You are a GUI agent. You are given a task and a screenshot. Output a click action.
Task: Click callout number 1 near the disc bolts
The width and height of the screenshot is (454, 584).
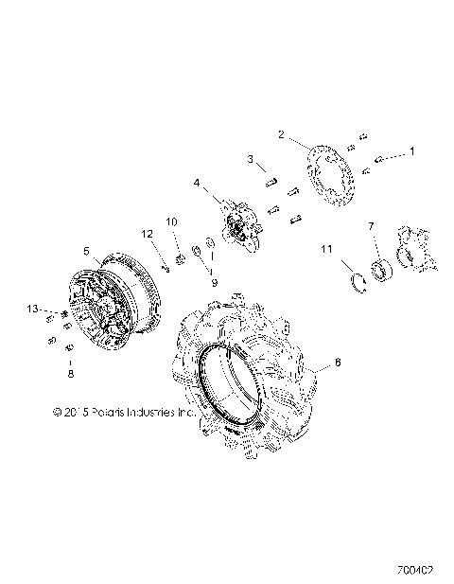410,150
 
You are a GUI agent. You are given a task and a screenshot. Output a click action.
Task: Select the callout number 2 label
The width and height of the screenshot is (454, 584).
281,135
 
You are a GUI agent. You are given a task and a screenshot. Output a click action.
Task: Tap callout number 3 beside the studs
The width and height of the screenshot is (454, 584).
251,158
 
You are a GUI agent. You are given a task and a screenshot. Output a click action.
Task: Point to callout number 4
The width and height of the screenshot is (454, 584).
197,183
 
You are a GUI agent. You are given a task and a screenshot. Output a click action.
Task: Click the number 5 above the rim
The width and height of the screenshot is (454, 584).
86,252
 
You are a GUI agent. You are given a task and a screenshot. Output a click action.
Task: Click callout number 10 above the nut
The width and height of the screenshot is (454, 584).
172,221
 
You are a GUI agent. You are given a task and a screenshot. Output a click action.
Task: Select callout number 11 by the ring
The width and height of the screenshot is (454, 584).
326,249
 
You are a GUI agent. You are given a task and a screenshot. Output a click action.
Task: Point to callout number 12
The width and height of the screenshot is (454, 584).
148,234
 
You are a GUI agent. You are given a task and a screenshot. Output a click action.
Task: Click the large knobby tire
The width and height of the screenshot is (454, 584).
246,369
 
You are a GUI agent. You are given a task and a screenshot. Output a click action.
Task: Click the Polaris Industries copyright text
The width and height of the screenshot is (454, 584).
111,412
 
